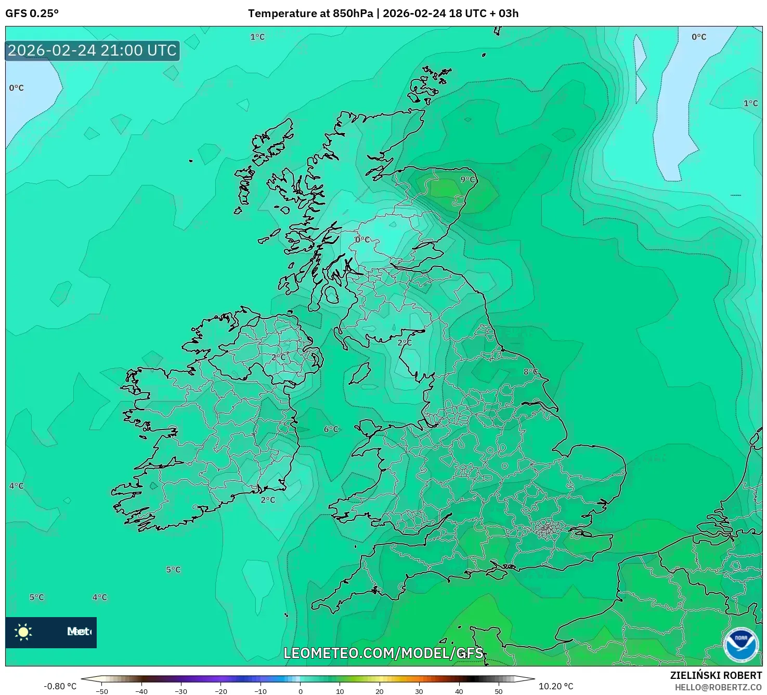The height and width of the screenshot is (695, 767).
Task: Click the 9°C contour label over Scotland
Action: [x=467, y=180]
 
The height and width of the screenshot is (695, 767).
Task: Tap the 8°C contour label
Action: [x=530, y=372]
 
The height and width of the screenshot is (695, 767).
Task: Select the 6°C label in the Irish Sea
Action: [x=331, y=429]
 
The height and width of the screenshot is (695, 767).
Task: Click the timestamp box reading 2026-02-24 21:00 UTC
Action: [x=93, y=50]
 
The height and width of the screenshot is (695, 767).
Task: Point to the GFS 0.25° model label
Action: [x=32, y=14]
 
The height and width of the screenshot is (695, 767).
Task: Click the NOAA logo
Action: [x=740, y=645]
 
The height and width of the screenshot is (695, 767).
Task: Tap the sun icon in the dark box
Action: [x=23, y=632]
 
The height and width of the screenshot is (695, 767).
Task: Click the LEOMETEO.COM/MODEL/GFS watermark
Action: [x=383, y=653]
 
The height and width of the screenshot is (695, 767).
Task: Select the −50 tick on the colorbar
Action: [x=102, y=691]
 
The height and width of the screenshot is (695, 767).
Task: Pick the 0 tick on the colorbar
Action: [x=301, y=691]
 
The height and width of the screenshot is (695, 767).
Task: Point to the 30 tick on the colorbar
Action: [x=419, y=691]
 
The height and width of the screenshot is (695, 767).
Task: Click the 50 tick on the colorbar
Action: [x=498, y=691]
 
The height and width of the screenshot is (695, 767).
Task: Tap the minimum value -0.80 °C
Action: [x=60, y=686]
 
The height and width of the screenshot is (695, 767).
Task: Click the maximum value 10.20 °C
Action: [x=556, y=686]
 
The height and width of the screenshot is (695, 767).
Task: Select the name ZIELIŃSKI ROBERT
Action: [x=716, y=675]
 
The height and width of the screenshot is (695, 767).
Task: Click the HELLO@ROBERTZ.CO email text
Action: [x=718, y=687]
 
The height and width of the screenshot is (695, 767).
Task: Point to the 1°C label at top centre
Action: [x=257, y=37]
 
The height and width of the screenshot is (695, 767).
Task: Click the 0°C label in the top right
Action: [x=699, y=37]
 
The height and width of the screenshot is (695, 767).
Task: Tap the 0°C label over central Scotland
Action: [x=362, y=239]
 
